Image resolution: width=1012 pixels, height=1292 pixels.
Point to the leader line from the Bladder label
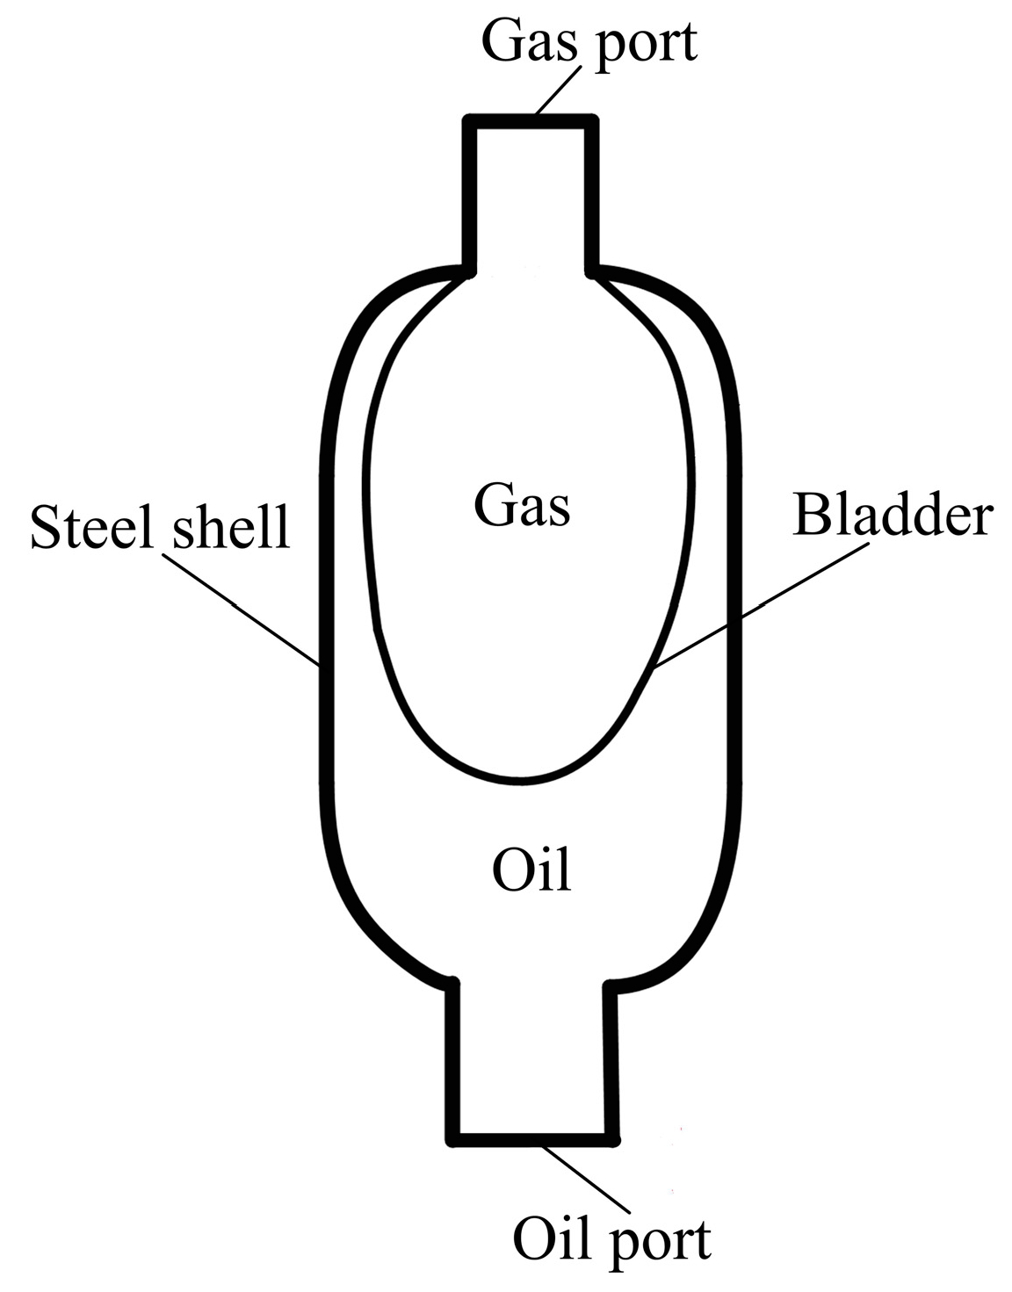coord(760,605)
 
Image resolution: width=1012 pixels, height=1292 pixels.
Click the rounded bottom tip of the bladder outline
coord(524,779)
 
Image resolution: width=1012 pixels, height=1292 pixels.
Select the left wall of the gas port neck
coord(470,193)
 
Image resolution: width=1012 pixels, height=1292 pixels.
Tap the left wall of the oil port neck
coord(453,1063)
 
